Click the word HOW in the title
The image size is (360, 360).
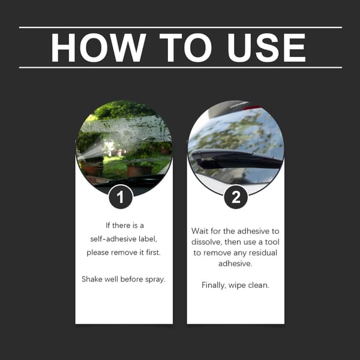click(x=98, y=48)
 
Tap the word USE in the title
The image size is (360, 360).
click(x=267, y=48)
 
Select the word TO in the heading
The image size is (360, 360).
click(x=185, y=48)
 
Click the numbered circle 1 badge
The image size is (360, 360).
click(x=121, y=197)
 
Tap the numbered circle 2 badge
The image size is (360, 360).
click(x=236, y=197)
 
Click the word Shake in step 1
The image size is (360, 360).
click(x=92, y=279)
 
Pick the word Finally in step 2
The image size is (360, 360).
click(x=214, y=286)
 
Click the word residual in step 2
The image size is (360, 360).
click(x=263, y=253)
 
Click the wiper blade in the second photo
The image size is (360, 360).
click(x=236, y=158)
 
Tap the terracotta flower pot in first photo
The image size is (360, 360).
click(x=140, y=171)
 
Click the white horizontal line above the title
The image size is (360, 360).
click(x=181, y=28)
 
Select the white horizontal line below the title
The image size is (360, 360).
click(x=181, y=68)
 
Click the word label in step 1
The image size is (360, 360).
click(x=148, y=239)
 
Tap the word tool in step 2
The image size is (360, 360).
click(x=272, y=242)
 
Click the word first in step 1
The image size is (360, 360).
click(x=154, y=253)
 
